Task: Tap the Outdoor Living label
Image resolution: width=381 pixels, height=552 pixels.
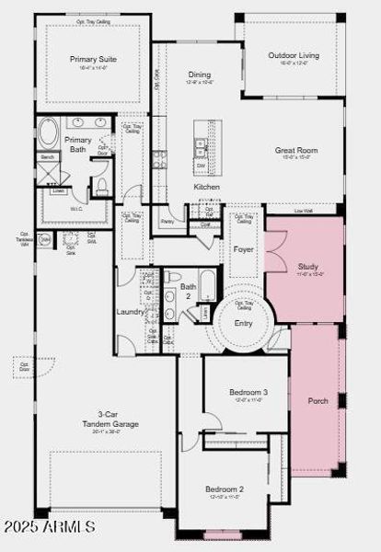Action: point(294,55)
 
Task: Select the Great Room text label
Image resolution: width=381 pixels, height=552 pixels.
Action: point(295,150)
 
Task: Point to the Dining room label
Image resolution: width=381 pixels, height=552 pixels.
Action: point(199,75)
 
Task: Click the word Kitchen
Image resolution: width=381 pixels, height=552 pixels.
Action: point(206,187)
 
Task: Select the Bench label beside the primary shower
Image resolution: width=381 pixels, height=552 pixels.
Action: point(48,157)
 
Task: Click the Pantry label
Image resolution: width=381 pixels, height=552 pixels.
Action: point(167,221)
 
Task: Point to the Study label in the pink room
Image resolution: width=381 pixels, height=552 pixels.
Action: point(307,268)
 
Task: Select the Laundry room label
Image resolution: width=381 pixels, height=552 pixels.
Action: point(131,311)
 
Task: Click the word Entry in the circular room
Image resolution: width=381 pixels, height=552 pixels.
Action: point(244,323)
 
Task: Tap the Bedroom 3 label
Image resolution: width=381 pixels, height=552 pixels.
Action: point(248,393)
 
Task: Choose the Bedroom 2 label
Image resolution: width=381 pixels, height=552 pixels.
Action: point(224,489)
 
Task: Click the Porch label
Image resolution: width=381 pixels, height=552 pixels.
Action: point(317,400)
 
